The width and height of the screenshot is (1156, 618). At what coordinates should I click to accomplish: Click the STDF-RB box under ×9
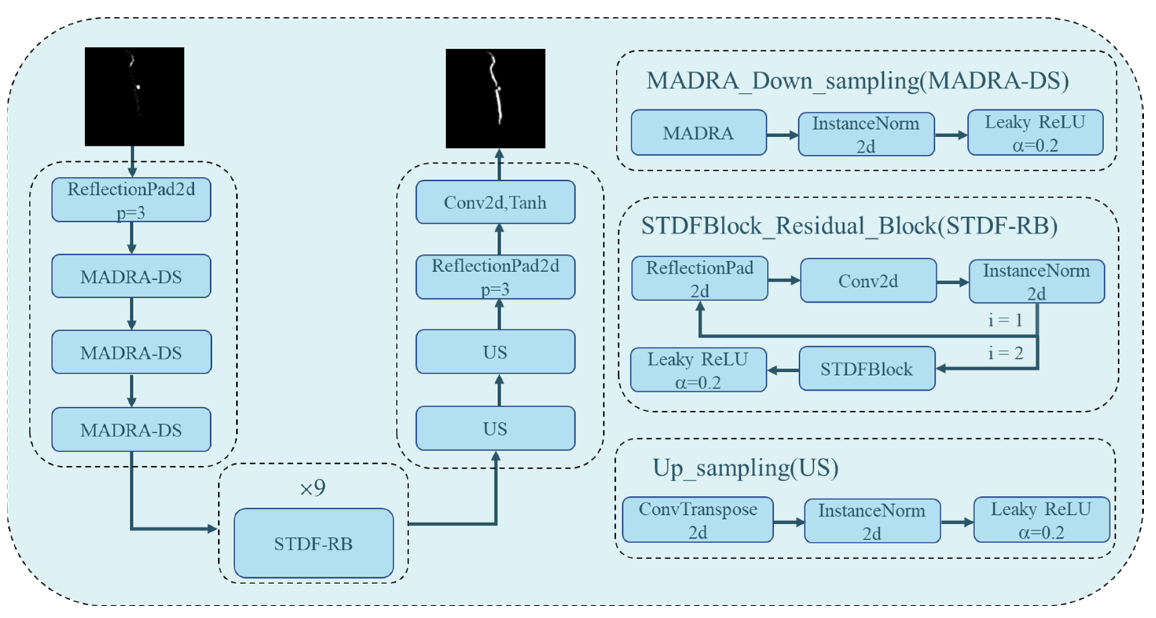point(314,543)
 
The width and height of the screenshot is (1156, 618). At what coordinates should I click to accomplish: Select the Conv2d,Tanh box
point(495,202)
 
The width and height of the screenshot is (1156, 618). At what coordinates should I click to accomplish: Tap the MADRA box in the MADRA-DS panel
point(699,133)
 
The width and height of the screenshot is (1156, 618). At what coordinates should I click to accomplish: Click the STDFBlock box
point(867,369)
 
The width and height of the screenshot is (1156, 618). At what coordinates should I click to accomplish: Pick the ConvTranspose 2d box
point(698,520)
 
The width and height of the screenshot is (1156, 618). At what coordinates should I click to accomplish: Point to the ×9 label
point(313,488)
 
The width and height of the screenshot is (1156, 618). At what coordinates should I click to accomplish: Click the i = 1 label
point(1006,320)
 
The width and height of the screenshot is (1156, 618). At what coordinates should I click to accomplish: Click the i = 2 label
point(1006,353)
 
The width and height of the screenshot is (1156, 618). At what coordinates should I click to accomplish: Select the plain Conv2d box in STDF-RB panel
point(868,281)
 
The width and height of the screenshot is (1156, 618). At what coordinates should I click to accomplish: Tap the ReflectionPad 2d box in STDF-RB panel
point(700,279)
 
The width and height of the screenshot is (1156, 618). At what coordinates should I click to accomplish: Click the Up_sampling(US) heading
point(745,468)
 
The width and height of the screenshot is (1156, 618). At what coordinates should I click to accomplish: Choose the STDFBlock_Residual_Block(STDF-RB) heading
point(850,226)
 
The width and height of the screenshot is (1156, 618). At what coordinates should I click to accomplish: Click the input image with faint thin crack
point(135,97)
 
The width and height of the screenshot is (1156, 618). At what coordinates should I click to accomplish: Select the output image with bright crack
point(495,98)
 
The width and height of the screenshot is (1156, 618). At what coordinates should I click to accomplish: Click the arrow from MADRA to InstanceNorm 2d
point(783,134)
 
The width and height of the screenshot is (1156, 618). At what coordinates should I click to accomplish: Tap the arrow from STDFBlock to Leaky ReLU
point(783,370)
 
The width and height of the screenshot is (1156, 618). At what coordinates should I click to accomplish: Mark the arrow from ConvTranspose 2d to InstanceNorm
point(789,522)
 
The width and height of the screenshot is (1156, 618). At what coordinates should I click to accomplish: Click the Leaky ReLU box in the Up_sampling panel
point(1042,520)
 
